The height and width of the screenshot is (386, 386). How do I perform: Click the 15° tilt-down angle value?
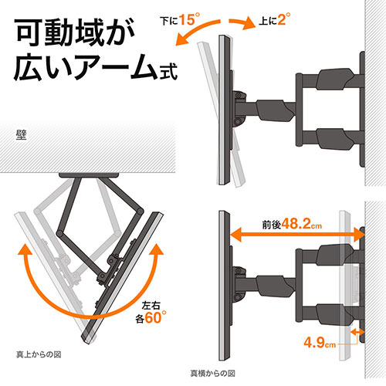coord(189,19)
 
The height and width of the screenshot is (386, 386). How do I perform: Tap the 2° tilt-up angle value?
coord(284,19)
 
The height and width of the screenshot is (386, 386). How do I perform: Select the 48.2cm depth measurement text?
coord(301,224)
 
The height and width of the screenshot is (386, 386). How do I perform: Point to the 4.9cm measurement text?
coord(320,343)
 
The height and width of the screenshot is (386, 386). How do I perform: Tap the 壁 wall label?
coord(22,135)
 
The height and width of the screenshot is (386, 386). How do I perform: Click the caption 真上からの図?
coord(39,354)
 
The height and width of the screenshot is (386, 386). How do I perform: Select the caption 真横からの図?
coord(212,374)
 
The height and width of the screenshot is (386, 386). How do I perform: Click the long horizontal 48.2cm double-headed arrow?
coord(297,235)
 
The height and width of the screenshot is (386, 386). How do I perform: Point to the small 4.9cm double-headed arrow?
coord(357,332)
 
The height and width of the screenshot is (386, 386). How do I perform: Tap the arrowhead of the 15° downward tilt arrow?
coord(181,41)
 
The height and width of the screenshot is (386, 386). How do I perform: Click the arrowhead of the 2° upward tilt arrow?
coord(249,24)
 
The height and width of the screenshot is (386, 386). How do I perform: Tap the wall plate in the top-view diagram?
coord(89,175)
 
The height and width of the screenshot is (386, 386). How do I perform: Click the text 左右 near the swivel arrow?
coord(151,306)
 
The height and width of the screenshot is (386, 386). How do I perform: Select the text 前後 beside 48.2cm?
coord(272,225)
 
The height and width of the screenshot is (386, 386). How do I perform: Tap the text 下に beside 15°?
coord(169,21)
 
